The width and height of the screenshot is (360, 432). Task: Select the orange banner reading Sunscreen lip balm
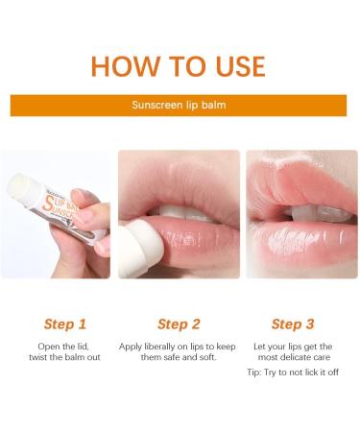click(x=180, y=106)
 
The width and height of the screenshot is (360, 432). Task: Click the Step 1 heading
click(x=64, y=324)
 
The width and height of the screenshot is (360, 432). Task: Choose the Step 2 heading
click(x=180, y=324)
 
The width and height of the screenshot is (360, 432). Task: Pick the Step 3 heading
click(x=294, y=324)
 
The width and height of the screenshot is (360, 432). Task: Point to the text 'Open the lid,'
click(x=64, y=346)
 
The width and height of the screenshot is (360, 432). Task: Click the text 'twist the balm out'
click(x=64, y=357)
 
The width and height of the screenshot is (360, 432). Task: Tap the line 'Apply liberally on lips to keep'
click(x=180, y=346)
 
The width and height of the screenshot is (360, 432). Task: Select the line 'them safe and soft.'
click(x=180, y=357)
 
